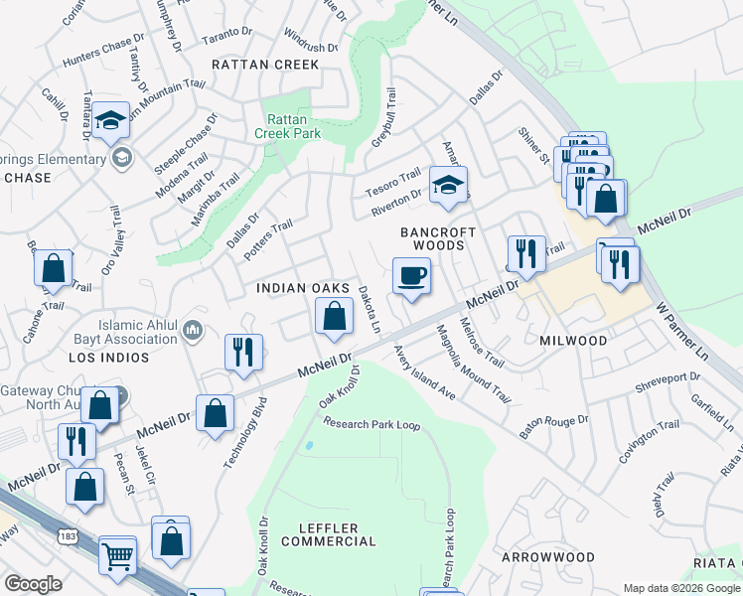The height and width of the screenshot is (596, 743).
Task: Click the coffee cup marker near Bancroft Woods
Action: (x=410, y=275)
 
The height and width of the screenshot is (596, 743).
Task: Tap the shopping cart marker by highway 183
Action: (x=117, y=555)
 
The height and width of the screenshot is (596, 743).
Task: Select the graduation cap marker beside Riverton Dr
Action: (x=448, y=185)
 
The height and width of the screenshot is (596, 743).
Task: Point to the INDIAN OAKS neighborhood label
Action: (x=303, y=288)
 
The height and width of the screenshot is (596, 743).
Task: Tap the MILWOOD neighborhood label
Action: (x=573, y=341)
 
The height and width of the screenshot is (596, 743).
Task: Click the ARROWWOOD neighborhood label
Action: (x=547, y=558)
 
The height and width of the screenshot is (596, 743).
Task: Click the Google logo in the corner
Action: (x=33, y=584)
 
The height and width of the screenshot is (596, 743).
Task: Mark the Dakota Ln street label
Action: (x=369, y=309)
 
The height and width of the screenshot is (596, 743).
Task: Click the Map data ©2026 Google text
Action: (x=680, y=588)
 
